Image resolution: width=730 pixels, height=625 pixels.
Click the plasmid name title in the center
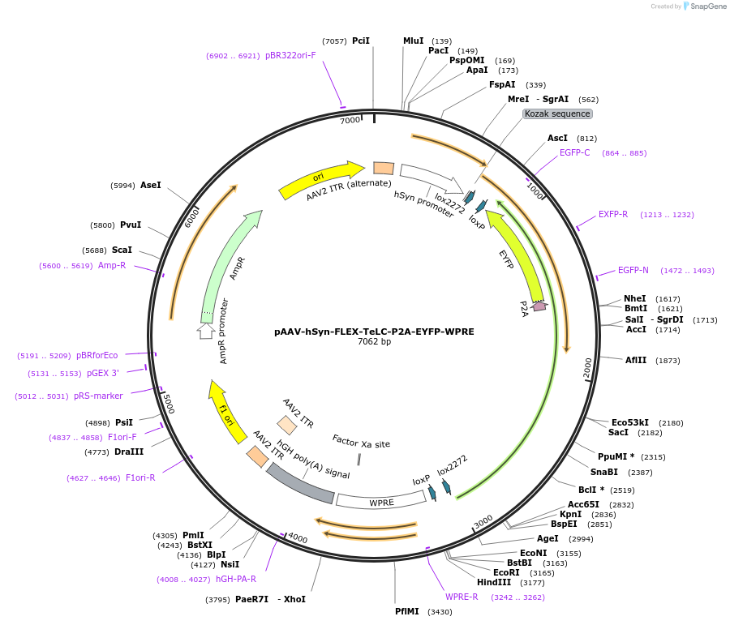click(x=374, y=332)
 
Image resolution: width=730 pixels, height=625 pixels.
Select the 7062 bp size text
click(x=374, y=342)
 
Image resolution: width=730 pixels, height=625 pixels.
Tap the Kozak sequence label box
click(x=557, y=114)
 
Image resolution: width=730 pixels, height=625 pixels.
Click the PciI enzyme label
click(x=360, y=41)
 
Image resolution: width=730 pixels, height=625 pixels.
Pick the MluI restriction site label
click(x=413, y=41)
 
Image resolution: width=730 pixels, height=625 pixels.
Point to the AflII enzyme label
click(x=636, y=360)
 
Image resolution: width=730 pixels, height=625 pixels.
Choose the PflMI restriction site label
click(x=406, y=611)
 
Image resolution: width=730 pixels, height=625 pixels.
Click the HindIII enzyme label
click(x=494, y=582)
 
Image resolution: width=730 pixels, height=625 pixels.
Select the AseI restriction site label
click(x=151, y=186)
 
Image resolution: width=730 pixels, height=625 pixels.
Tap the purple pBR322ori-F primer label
click(x=290, y=56)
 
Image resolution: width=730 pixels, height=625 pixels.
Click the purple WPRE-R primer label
click(x=462, y=597)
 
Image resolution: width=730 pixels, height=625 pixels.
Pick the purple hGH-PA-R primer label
click(x=235, y=579)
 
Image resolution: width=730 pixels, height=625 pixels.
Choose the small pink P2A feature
click(x=539, y=306)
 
